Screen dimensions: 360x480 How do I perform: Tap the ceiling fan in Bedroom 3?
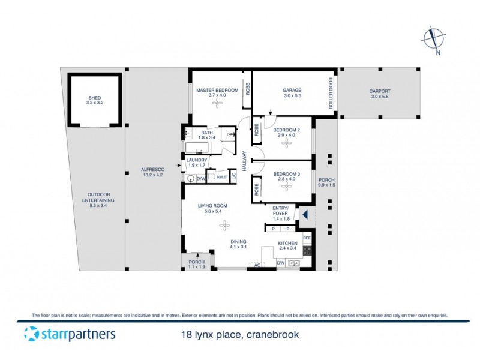[285, 186]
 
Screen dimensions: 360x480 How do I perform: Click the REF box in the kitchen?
[307, 238]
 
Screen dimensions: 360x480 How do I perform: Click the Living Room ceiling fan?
[225, 225]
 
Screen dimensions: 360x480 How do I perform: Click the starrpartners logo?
[70, 334]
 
